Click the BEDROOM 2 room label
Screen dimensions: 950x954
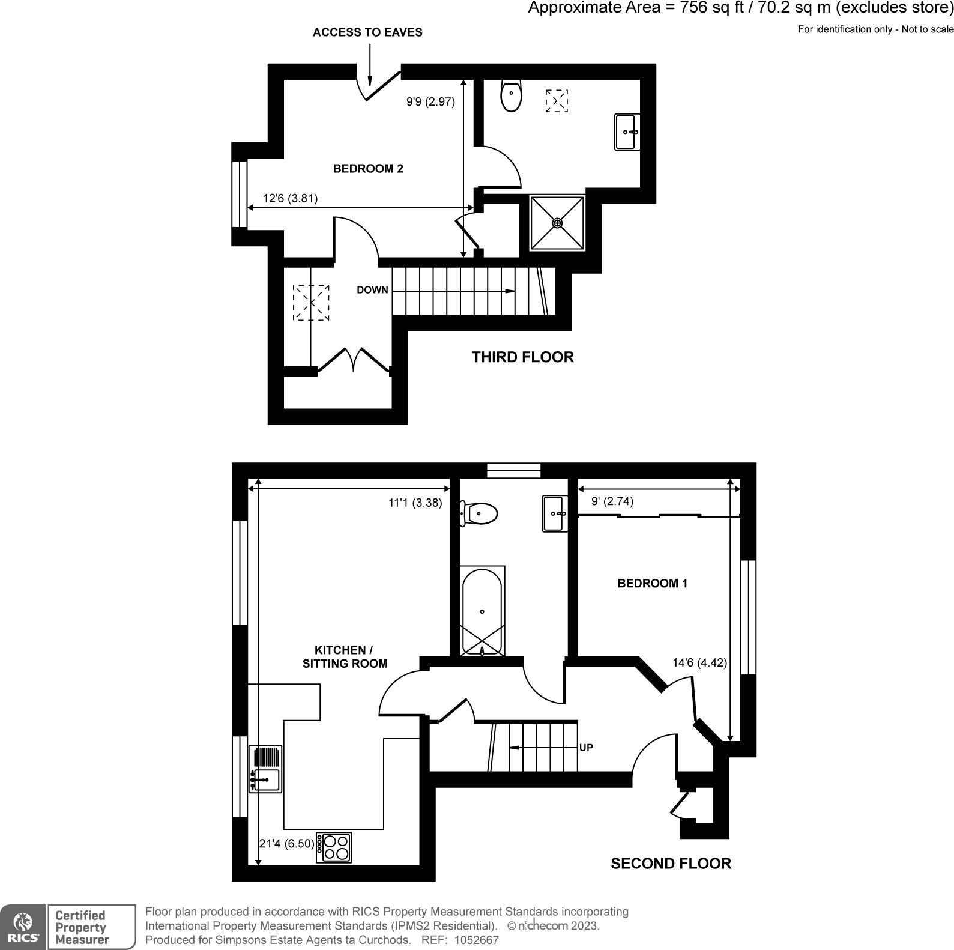pos(368,169)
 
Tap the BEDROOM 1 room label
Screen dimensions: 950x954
pos(653,583)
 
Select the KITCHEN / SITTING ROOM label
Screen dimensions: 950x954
pos(345,657)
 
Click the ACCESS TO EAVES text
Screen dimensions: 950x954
pos(367,32)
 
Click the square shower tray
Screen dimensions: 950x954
pos(557,223)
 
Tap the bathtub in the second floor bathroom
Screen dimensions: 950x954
pos(482,611)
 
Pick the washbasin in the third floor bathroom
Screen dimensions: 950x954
pos(627,132)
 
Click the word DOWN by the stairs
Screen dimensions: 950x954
pos(372,290)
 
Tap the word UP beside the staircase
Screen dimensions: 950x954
pos(586,748)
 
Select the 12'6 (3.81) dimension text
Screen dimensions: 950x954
pos(290,198)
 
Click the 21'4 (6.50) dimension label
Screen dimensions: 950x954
pos(286,844)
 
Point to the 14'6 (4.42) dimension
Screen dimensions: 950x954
pos(699,663)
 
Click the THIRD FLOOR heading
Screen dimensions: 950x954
pos(522,357)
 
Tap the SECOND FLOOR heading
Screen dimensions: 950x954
pos(671,864)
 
